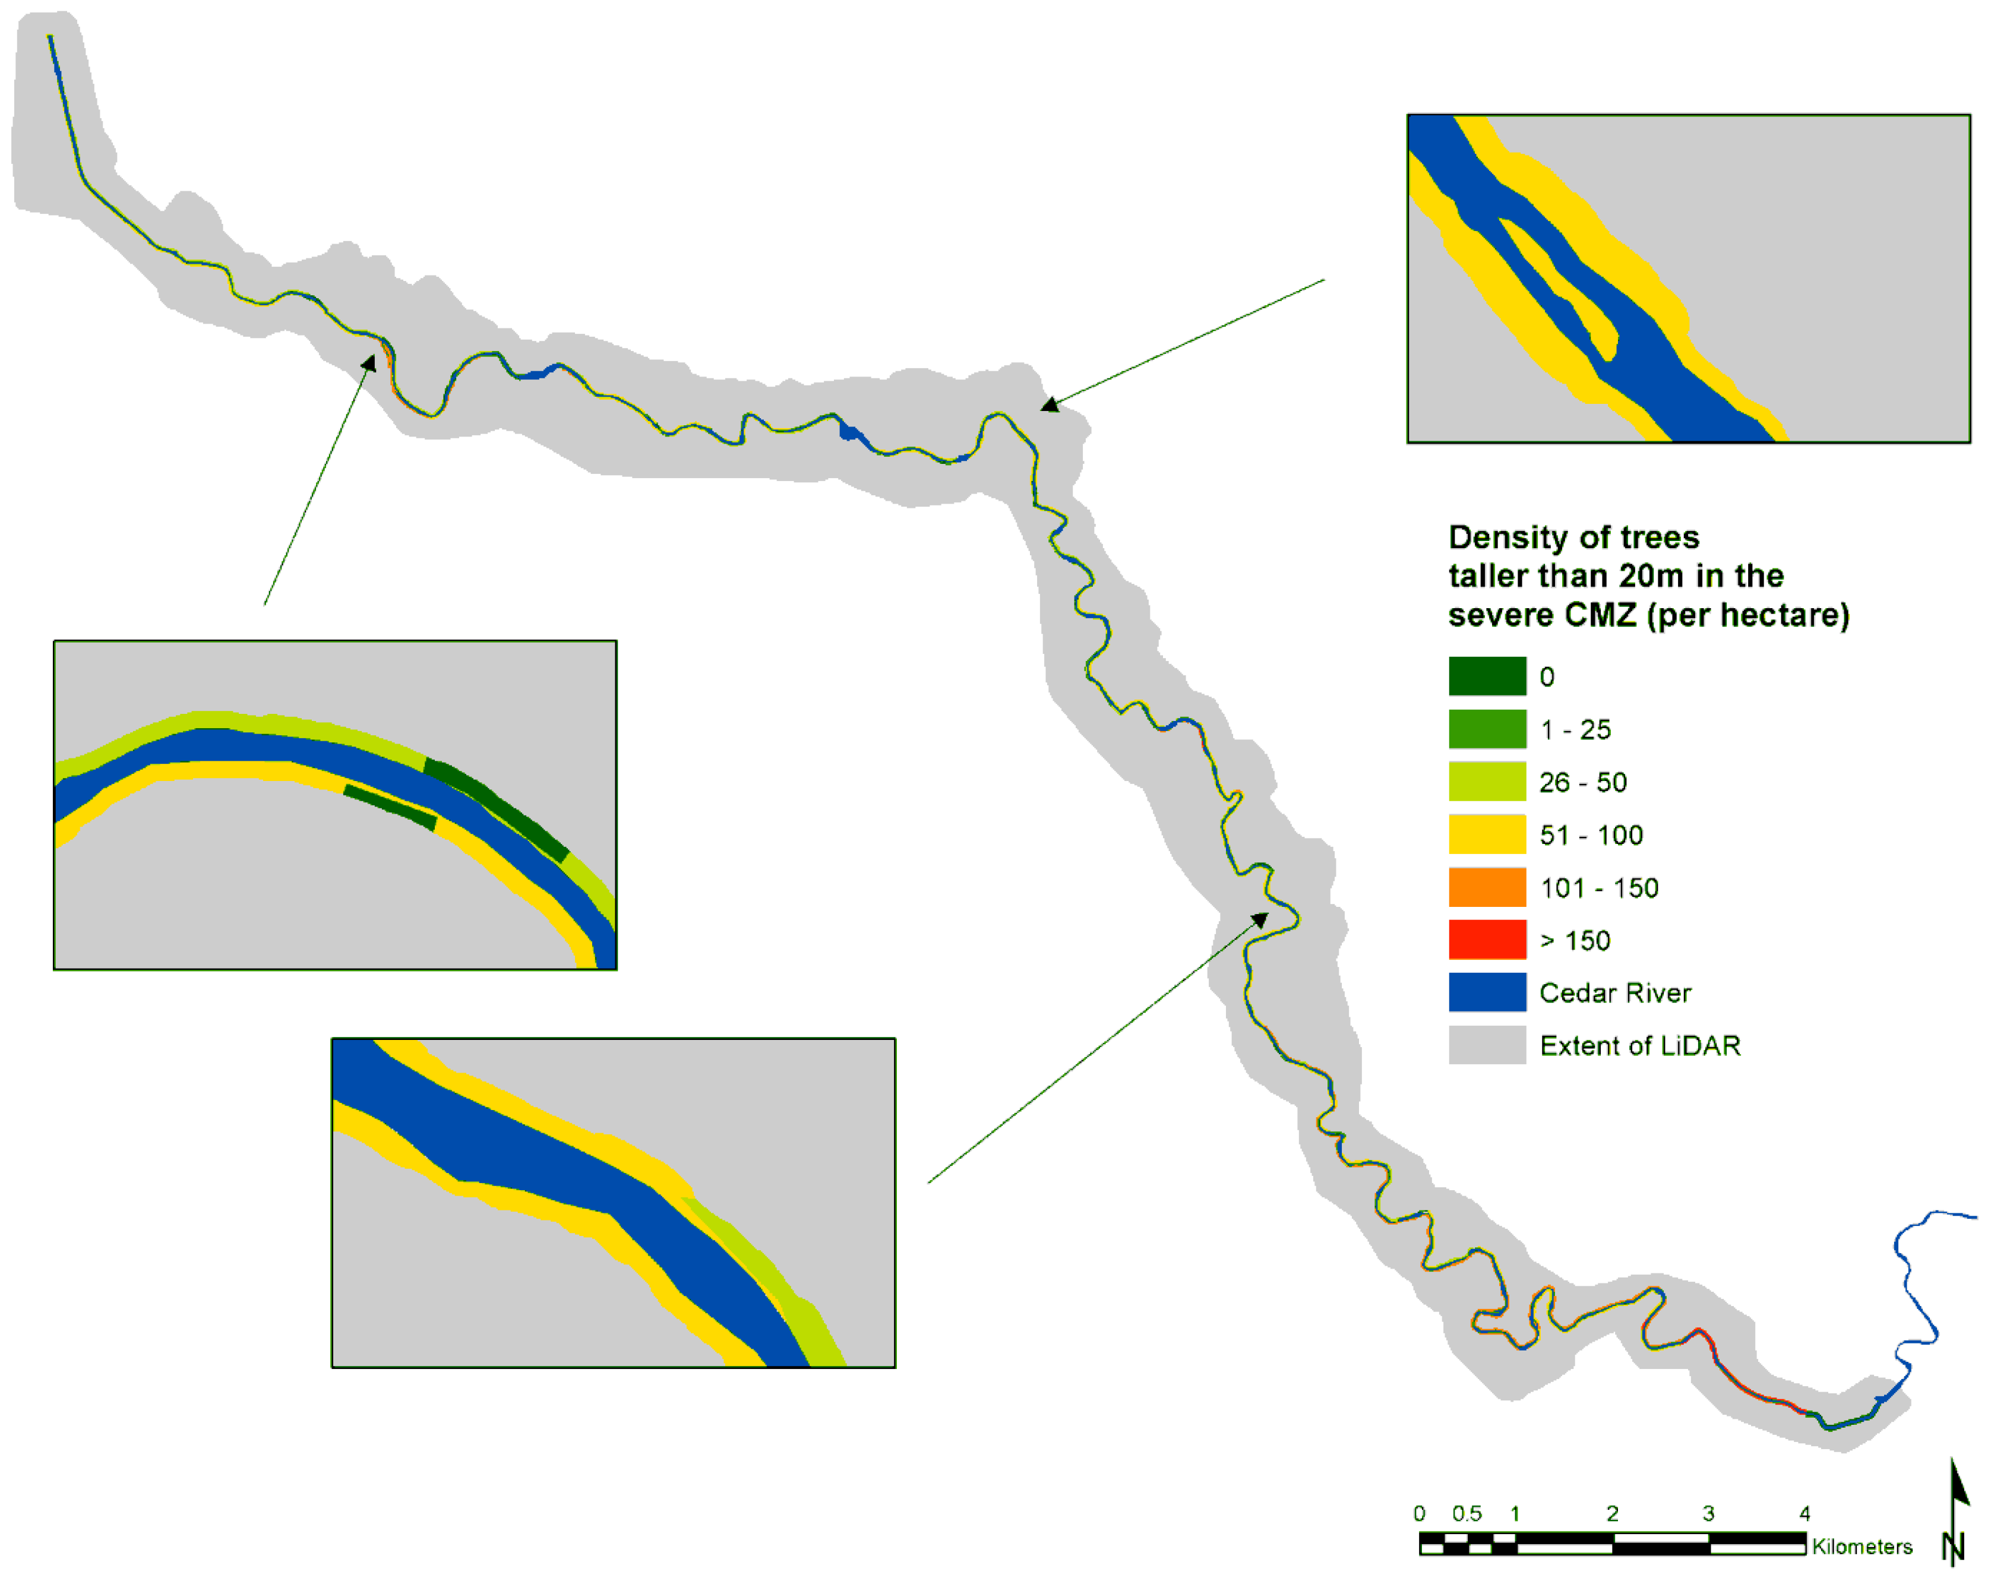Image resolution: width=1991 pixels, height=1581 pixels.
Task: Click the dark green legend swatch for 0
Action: (x=1486, y=676)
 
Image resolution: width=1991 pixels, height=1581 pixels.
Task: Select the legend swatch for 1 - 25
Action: (x=1486, y=729)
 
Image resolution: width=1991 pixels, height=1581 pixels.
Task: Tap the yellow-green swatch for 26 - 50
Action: (x=1486, y=781)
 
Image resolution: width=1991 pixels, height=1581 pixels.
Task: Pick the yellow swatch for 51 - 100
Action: (x=1486, y=834)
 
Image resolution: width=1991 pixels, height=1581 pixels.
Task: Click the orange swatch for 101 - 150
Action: (x=1486, y=887)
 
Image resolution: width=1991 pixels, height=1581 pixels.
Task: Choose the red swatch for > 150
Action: (x=1486, y=939)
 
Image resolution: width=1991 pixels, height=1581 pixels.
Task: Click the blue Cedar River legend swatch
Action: (x=1486, y=992)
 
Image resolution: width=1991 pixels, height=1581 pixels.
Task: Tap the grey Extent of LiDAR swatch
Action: (x=1486, y=1045)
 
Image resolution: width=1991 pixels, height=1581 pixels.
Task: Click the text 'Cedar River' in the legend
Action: (x=1614, y=993)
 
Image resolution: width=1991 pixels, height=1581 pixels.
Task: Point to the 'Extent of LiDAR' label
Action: (x=1639, y=1045)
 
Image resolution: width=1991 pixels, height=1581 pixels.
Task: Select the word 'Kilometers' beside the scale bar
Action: (x=1861, y=1547)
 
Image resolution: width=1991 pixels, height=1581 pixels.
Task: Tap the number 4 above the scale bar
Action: (x=1804, y=1513)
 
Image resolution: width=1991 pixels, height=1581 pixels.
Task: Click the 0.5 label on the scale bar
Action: (x=1467, y=1513)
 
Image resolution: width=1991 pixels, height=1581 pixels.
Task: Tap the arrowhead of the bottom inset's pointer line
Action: (x=1260, y=918)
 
